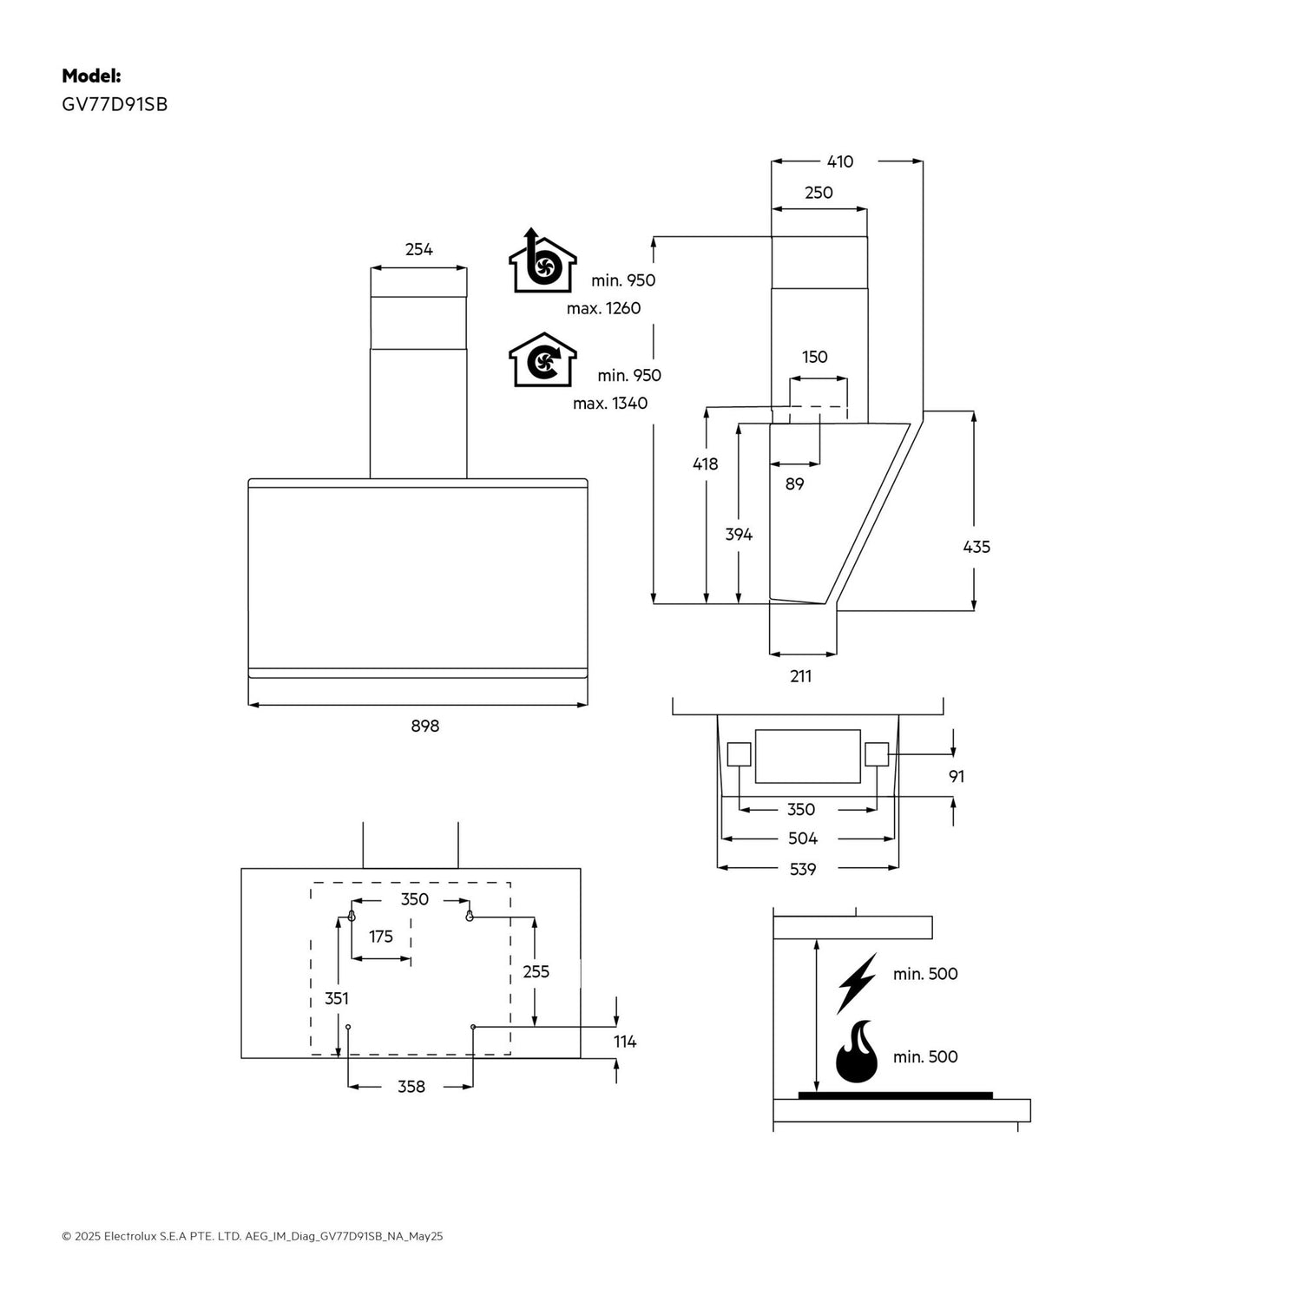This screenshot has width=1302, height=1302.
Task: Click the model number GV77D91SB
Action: [x=115, y=105]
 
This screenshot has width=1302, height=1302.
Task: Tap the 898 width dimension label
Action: [x=424, y=726]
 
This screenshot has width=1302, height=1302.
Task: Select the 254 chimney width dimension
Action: [x=418, y=250]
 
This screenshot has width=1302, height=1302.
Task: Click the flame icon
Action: [x=856, y=1052]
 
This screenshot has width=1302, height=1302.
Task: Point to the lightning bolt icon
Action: [x=856, y=983]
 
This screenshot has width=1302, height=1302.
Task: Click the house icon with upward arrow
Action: [x=542, y=262]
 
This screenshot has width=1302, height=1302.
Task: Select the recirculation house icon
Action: [x=542, y=359]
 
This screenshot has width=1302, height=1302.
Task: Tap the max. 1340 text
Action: [x=609, y=403]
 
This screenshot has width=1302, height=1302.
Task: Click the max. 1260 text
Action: [x=603, y=308]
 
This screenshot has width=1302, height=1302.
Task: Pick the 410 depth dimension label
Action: [x=839, y=161]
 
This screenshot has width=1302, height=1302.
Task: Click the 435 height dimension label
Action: [x=976, y=547]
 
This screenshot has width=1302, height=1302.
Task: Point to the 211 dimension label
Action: [x=800, y=676]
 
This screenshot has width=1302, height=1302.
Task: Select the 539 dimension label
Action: [x=802, y=869]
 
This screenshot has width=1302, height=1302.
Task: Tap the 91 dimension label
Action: [x=956, y=776]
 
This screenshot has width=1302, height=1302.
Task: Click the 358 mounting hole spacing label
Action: [x=411, y=1087]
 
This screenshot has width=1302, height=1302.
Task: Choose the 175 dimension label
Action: [x=380, y=937]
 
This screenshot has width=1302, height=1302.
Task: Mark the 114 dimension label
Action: [x=625, y=1042]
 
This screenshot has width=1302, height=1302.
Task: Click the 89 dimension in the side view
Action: [x=794, y=484]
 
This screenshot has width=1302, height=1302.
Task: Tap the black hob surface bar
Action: [x=895, y=1095]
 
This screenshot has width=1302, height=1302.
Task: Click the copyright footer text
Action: [x=252, y=1236]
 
